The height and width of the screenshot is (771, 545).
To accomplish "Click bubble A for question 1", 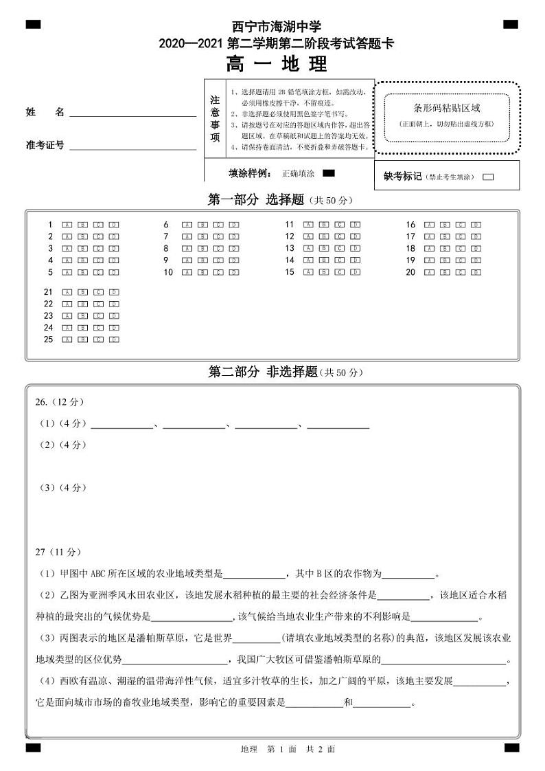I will point(67,225).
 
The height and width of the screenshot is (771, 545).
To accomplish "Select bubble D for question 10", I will point(234,272).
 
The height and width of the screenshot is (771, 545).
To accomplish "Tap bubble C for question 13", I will point(339,248).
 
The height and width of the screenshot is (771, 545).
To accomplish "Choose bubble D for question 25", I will point(114,339).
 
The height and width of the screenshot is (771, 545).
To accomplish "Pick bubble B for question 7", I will point(202,236).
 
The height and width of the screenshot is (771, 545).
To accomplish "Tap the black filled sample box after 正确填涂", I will point(328,173).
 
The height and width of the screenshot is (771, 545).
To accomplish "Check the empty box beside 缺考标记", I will point(488,177).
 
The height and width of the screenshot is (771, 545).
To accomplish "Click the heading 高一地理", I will point(277,65).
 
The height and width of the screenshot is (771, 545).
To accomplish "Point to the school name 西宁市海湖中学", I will point(277,27).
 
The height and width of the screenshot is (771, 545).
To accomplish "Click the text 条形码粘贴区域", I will point(446,108).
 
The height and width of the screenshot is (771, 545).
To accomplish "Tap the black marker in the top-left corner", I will point(33,25).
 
